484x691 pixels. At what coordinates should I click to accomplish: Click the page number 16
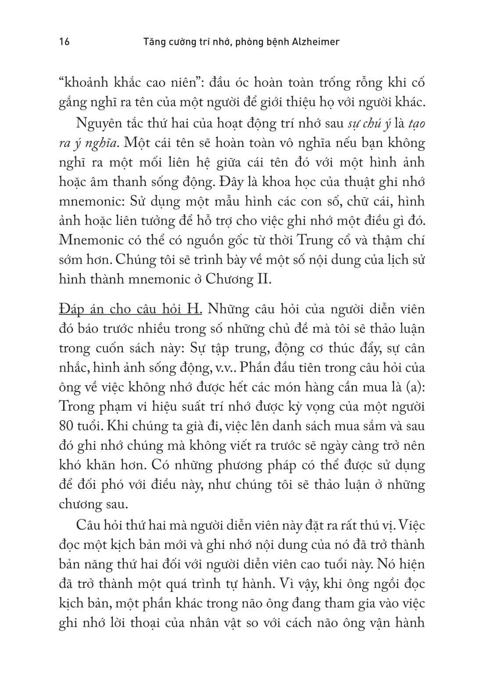pos(64,42)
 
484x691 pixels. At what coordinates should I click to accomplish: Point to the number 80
pos(67,426)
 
